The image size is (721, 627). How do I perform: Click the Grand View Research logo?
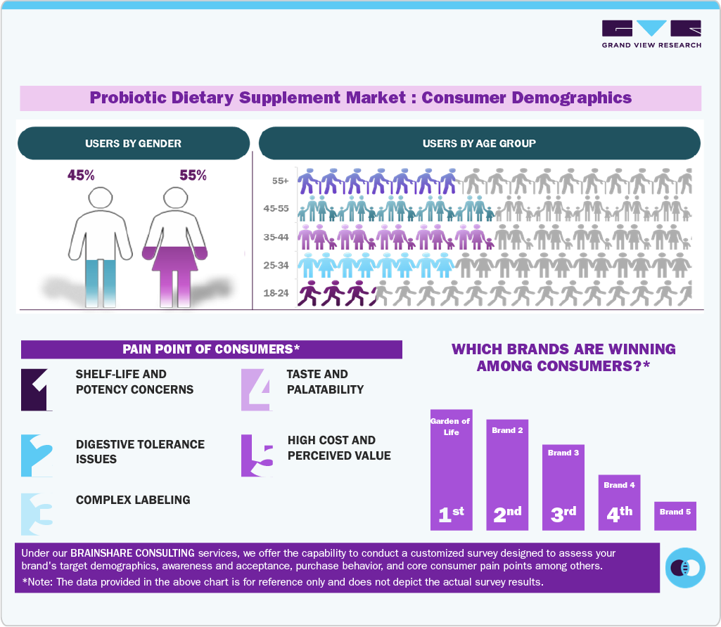[651, 34]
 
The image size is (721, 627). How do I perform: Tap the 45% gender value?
[81, 175]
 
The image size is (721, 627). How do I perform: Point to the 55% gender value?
[193, 175]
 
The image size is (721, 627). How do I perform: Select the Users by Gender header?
[133, 143]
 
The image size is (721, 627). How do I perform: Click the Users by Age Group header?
[479, 143]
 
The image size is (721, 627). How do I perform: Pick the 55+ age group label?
[280, 181]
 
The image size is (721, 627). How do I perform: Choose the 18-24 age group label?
[279, 294]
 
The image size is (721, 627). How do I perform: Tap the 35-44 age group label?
[279, 238]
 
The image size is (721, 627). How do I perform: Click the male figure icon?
[100, 246]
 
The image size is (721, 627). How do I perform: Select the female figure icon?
[174, 246]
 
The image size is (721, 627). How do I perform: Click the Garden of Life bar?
[451, 470]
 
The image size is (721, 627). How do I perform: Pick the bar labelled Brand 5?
[675, 515]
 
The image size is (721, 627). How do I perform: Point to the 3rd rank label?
[563, 514]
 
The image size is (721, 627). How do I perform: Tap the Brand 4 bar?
[619, 503]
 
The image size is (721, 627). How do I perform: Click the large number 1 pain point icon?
[37, 389]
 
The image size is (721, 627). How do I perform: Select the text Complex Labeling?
[133, 500]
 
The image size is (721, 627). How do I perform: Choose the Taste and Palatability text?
[325, 382]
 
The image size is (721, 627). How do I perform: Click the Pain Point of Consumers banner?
[211, 349]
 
